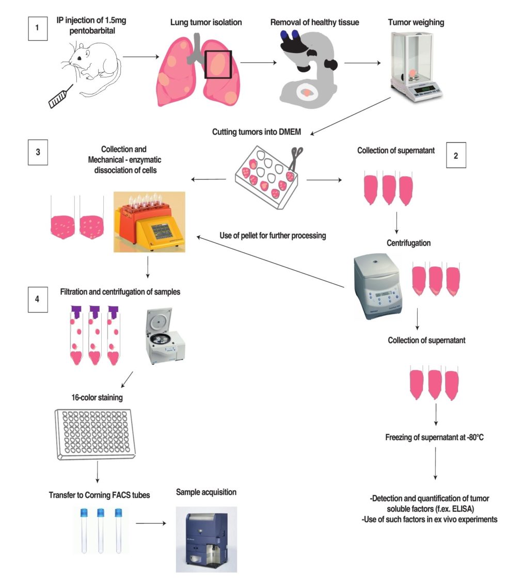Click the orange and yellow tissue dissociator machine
pos(149,221)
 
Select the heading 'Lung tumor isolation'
pos(205,23)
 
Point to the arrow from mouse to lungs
pos(139,58)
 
